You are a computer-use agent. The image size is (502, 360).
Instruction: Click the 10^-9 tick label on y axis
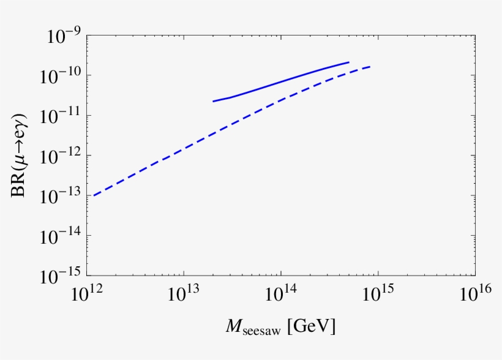click(61, 37)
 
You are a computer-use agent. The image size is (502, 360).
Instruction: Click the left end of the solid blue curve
click(213, 101)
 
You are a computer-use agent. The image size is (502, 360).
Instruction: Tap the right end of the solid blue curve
click(348, 62)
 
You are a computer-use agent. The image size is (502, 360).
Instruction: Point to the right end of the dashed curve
click(370, 67)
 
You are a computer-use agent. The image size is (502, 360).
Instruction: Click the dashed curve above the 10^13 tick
click(184, 146)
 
